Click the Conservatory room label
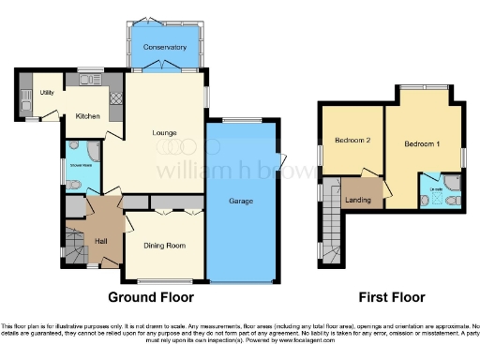pos(165,47)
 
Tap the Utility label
pos(47,92)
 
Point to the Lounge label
pos(165,132)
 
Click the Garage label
pos(242,201)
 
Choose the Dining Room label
pos(164,246)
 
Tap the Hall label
pos(101,239)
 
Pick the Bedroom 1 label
pos(421,144)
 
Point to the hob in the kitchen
pos(116,97)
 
